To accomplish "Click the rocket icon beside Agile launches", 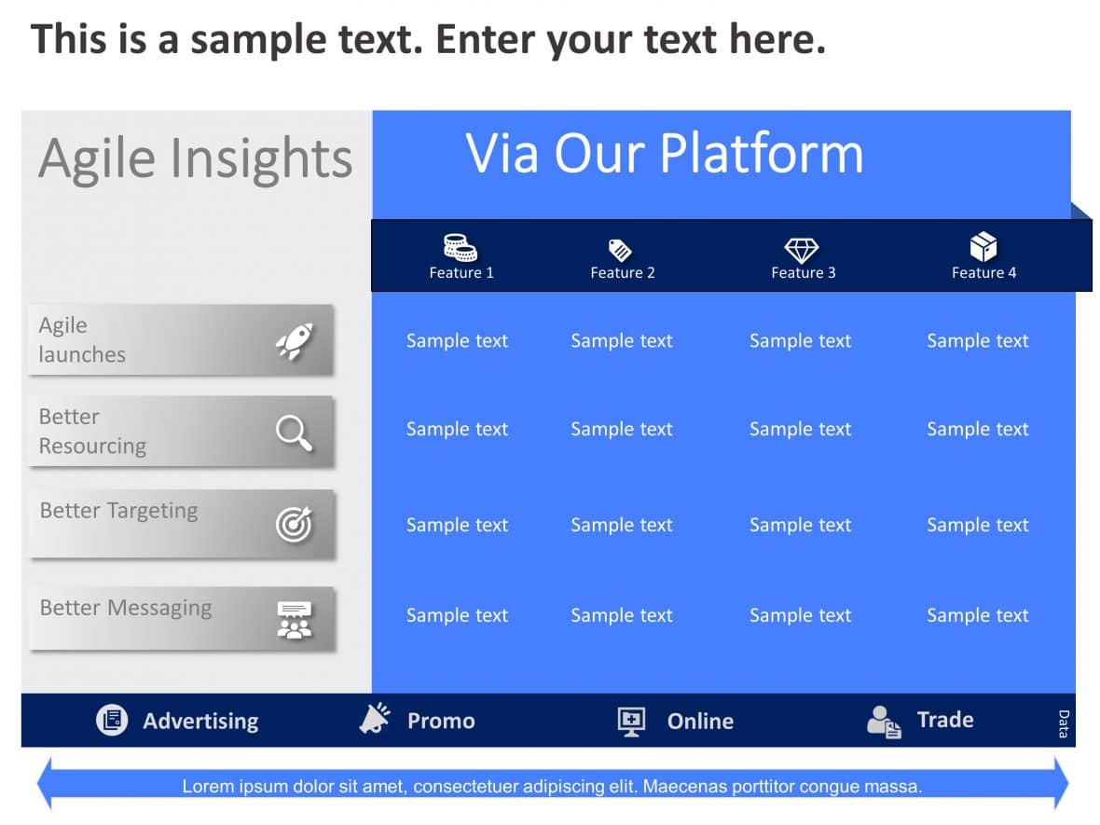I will [295, 342].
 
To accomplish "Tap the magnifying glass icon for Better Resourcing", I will [294, 433].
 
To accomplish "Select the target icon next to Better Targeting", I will [294, 525].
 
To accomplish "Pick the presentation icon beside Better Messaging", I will [295, 620].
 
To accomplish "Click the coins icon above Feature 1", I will [460, 247].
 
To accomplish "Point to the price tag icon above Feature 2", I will [620, 250].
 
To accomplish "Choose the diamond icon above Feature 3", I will [801, 249].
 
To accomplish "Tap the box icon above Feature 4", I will [983, 247].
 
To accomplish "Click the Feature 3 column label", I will [803, 273].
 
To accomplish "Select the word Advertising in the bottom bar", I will [200, 721].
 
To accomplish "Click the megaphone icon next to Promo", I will [375, 719].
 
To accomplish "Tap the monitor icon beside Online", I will [631, 721].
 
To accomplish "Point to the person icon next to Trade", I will [883, 721].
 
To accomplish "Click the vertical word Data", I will [1064, 723].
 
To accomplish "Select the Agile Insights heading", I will [196, 158].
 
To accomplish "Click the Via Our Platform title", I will [665, 154].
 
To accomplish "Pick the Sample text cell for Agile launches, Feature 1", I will [457, 341].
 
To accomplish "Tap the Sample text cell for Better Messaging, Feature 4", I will [977, 615].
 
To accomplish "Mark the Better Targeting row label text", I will [118, 511].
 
